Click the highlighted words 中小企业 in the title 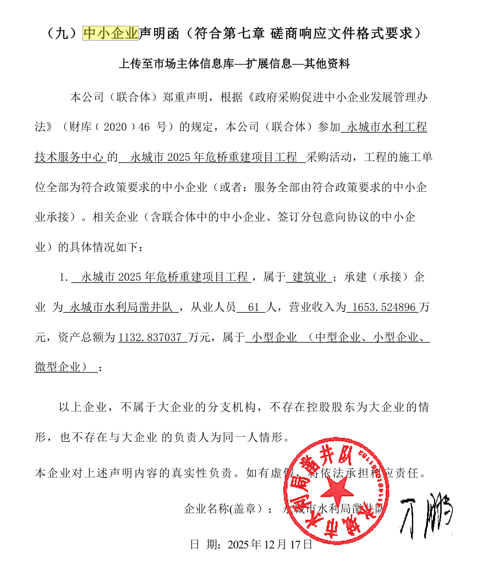pos(110,34)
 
